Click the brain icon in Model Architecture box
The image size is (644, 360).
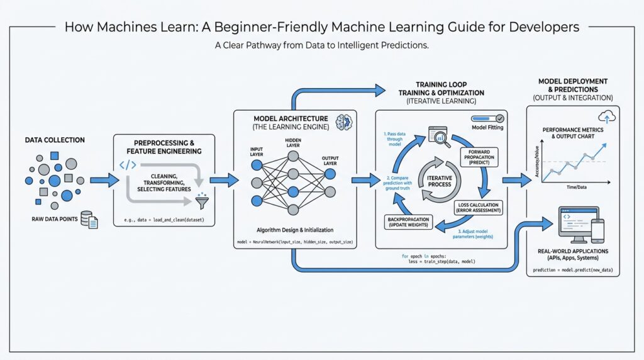point(343,122)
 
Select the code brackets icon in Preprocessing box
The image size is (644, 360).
point(128,166)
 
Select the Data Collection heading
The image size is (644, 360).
point(55,140)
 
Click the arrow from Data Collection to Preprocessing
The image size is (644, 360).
point(104,181)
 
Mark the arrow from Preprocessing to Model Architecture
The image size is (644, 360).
point(223,181)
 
